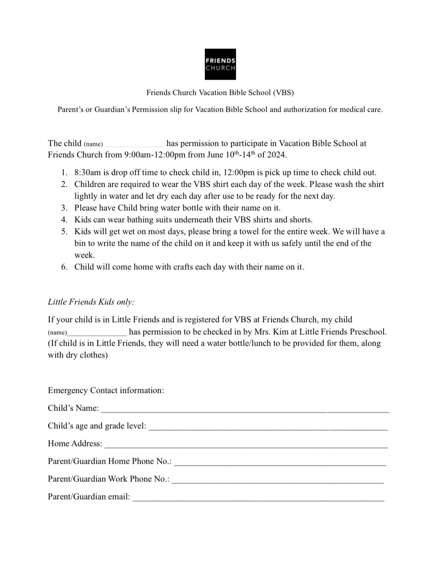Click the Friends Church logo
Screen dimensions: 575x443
[220, 64]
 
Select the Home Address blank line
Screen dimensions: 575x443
[246, 444]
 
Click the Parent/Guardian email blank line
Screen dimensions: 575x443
[258, 497]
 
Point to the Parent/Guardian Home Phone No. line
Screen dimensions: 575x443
[280, 462]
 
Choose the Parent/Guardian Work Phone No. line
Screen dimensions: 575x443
[278, 480]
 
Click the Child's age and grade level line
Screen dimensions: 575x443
[268, 427]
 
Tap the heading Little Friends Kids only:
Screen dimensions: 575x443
[91, 302]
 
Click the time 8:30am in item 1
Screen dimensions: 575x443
[88, 172]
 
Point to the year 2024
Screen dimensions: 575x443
[276, 154]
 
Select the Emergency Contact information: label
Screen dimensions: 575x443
[106, 390]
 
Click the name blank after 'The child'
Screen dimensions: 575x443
[134, 144]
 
